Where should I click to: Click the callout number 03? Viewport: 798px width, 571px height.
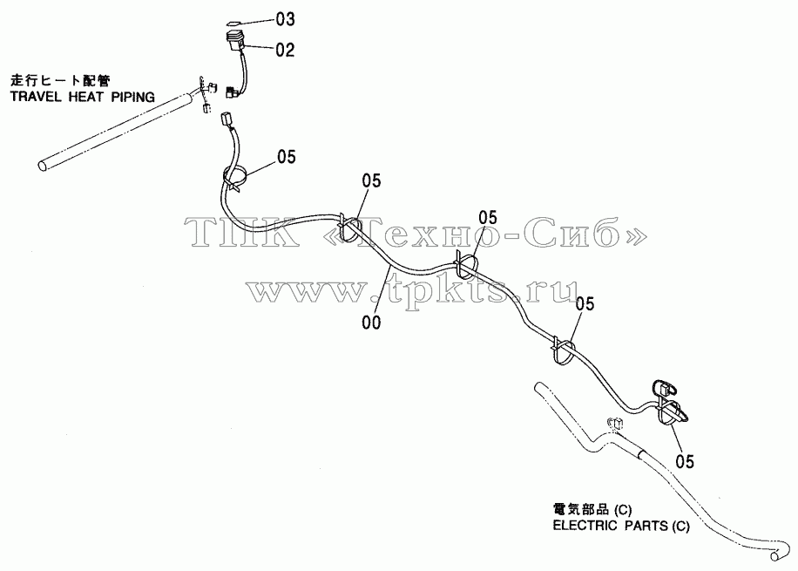pos(286,19)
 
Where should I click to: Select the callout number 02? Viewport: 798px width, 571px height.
pos(286,50)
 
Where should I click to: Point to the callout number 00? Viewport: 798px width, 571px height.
pos(371,322)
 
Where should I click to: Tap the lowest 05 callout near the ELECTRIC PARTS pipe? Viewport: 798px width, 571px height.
pos(685,461)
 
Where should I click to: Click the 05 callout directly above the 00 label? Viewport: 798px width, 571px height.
pos(371,180)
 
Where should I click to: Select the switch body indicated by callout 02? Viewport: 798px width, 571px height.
pos(235,41)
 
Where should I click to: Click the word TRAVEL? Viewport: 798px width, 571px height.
pos(37,97)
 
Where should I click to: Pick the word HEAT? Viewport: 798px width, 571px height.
pos(86,97)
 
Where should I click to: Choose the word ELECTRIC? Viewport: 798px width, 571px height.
pos(585,525)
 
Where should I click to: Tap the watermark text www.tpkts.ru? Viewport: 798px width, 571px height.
pos(412,292)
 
